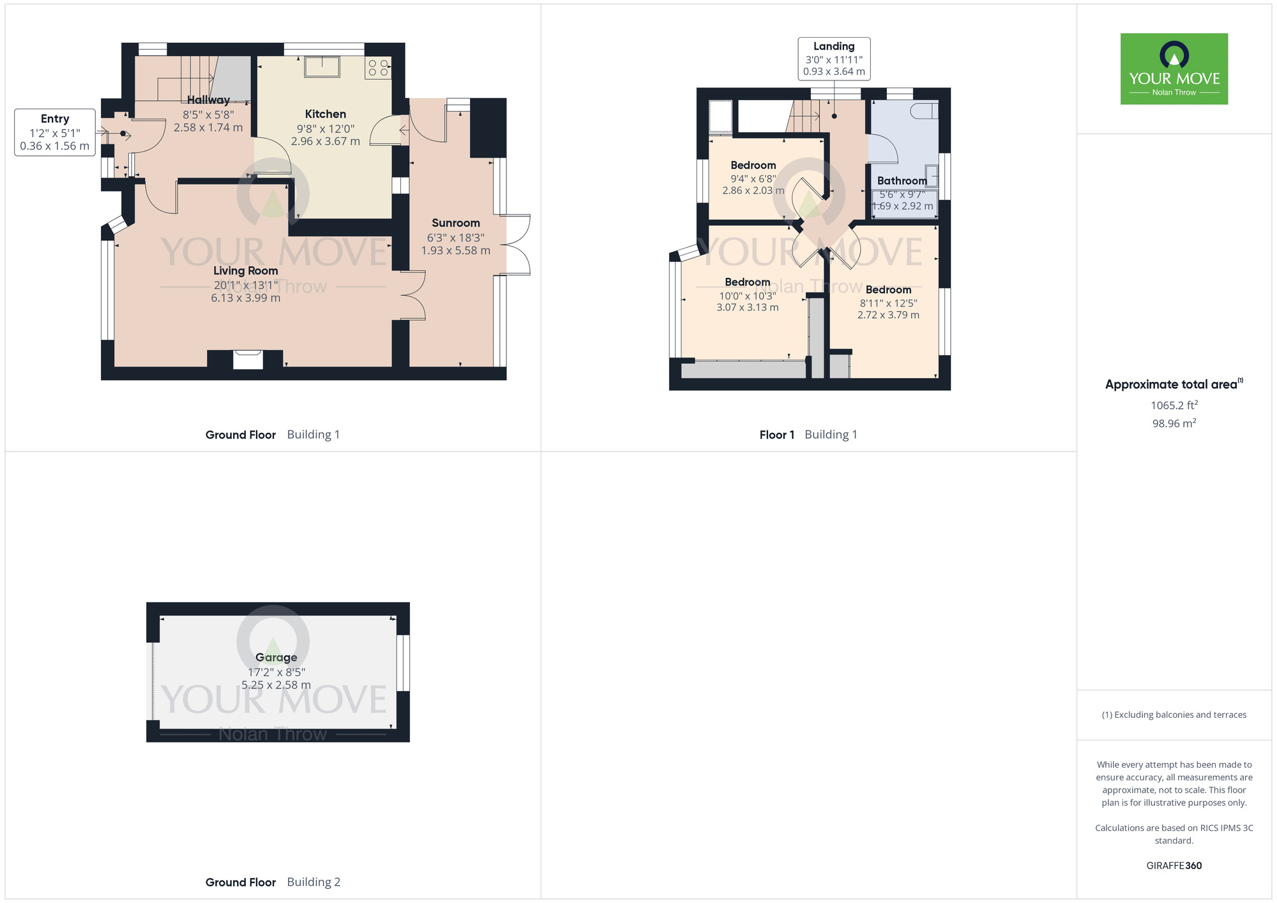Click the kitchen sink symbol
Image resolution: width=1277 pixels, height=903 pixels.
coord(322,66)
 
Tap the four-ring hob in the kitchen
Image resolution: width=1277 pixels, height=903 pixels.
coord(378,68)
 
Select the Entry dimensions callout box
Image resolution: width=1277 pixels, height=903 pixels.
coord(55,132)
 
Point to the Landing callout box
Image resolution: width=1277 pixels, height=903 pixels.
coord(834,59)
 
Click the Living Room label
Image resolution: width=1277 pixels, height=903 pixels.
coord(246,271)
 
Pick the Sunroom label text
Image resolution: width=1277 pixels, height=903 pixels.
coord(456,223)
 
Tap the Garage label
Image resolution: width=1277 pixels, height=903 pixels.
coord(276,657)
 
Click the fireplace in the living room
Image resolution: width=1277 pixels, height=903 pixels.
coord(248,360)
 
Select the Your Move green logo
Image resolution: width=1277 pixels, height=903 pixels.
coord(1174,69)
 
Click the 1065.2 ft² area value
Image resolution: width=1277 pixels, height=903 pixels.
coord(1174,405)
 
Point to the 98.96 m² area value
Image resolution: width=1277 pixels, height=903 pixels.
coord(1174,423)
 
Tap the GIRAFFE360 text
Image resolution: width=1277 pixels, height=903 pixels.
coord(1174,866)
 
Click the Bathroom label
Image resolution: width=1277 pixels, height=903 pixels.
coord(902,181)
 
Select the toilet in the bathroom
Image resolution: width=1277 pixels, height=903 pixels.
coord(924,111)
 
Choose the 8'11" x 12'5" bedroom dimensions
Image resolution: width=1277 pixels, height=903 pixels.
coord(888,303)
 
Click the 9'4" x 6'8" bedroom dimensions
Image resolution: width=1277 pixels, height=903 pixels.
coord(753,179)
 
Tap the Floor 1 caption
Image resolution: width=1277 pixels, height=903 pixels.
coord(777,435)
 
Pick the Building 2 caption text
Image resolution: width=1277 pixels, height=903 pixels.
coord(314,882)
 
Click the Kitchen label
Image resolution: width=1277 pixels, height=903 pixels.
coord(326,114)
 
